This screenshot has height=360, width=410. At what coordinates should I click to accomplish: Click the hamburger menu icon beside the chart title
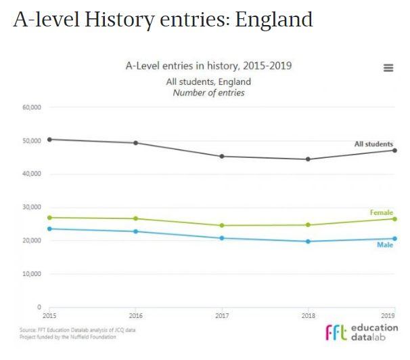(x=388, y=68)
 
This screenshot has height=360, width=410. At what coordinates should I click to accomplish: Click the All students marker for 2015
(x=49, y=139)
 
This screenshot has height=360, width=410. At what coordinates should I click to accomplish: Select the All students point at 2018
(x=309, y=159)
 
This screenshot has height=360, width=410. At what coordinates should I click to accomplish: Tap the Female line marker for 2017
(x=223, y=225)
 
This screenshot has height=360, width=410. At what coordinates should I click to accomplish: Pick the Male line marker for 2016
(x=136, y=231)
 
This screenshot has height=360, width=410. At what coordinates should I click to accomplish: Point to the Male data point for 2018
(x=309, y=241)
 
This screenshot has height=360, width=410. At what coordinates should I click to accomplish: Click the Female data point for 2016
(x=136, y=218)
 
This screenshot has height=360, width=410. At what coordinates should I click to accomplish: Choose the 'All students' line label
(x=373, y=144)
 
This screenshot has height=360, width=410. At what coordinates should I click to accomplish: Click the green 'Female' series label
(x=382, y=213)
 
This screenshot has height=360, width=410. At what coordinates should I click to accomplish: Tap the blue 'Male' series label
(x=385, y=245)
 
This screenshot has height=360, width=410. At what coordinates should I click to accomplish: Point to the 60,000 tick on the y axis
(x=32, y=107)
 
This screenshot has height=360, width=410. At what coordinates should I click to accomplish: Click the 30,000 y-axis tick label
(x=32, y=207)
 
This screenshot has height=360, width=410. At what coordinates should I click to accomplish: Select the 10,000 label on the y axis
(x=32, y=274)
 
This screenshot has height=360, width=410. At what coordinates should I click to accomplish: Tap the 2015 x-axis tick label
(x=49, y=316)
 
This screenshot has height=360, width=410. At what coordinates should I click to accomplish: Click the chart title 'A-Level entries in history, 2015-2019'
(x=208, y=66)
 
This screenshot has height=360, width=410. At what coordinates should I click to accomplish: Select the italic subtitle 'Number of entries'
(x=208, y=92)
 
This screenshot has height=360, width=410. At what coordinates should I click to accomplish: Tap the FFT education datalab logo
(x=361, y=332)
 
